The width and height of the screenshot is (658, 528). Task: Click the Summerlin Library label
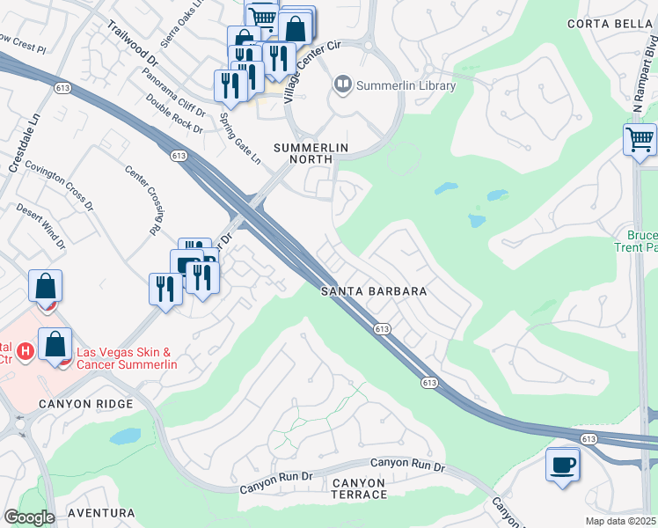(x=406, y=85)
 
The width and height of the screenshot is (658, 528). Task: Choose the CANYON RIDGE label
(x=85, y=404)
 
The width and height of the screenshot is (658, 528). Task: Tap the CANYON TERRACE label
(x=359, y=488)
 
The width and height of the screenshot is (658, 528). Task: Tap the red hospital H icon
(x=26, y=351)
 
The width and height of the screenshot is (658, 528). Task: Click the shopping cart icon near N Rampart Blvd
(x=640, y=137)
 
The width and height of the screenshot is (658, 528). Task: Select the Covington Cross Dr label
(x=59, y=186)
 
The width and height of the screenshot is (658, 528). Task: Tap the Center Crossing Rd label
(x=142, y=200)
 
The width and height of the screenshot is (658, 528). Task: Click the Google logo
(x=29, y=517)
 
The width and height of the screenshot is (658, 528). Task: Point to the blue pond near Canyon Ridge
(x=126, y=436)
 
